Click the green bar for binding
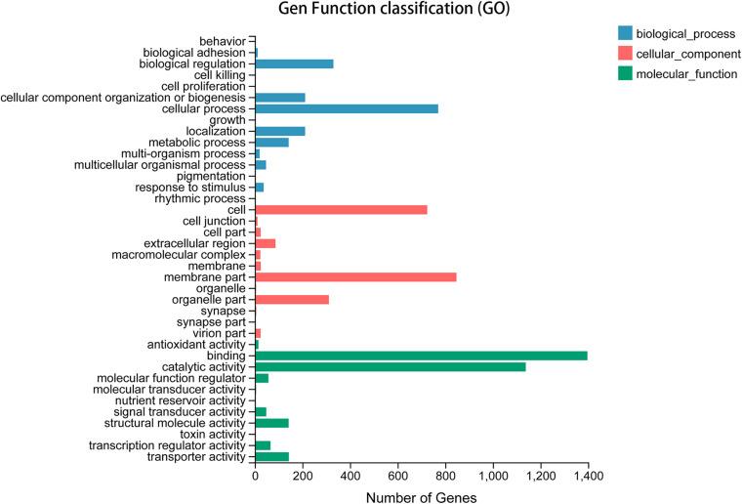point(420,356)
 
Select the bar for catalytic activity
point(391,367)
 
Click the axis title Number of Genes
point(421,496)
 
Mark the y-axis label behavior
point(223,41)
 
